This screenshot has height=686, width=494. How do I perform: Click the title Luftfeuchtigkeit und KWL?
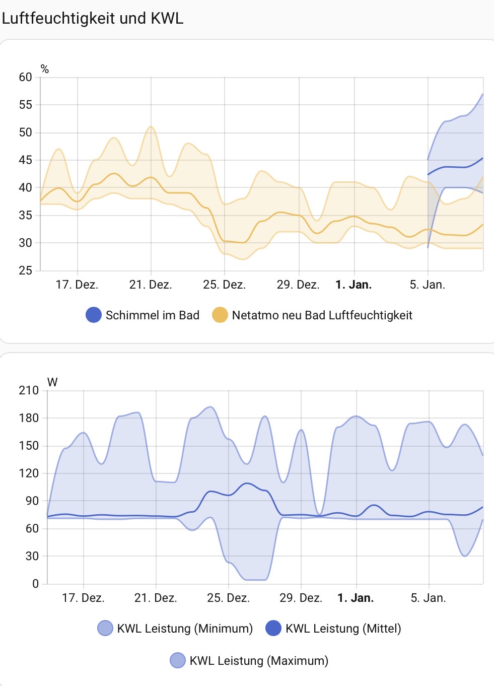(x=93, y=18)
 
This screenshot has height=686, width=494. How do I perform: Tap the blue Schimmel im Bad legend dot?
(x=94, y=315)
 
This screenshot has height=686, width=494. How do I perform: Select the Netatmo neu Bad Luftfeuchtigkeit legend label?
(x=322, y=315)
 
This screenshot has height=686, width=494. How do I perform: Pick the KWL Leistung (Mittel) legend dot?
(x=273, y=629)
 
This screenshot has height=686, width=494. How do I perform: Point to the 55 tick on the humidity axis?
(x=25, y=105)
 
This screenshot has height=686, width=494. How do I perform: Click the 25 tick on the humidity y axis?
(x=25, y=270)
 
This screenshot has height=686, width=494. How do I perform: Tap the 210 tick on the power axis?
(x=29, y=390)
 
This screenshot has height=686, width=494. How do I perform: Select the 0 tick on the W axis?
(x=35, y=584)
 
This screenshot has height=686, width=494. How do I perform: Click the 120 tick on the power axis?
(x=29, y=473)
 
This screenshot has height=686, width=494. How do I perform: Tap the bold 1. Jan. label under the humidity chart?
(x=354, y=285)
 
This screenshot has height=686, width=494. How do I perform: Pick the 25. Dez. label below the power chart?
(x=228, y=598)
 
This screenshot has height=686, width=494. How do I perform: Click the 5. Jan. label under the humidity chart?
(x=428, y=285)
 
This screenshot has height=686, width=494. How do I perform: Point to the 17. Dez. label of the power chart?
(x=83, y=598)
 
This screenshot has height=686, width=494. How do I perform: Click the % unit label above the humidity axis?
(x=45, y=70)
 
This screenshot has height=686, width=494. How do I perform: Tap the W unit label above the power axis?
(x=52, y=382)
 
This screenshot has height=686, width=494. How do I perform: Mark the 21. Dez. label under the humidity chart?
(x=151, y=285)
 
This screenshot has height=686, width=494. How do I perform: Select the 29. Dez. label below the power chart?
(x=301, y=598)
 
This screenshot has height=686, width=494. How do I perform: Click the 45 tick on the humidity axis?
(x=25, y=160)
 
